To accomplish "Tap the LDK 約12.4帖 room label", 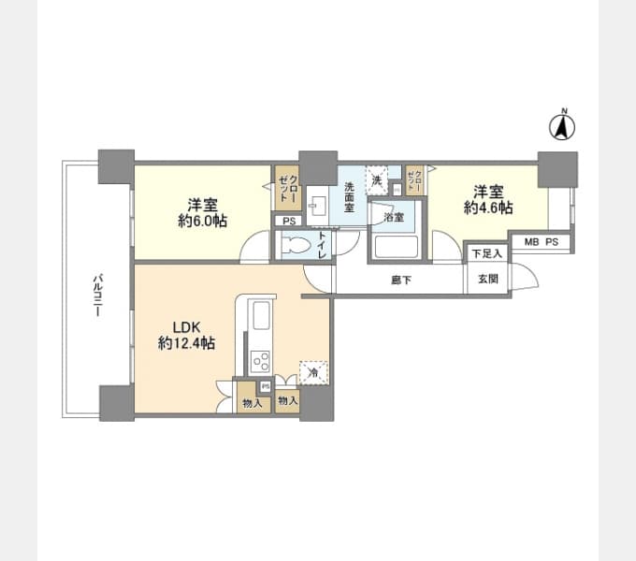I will point(186,336).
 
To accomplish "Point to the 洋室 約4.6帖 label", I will point(488,199).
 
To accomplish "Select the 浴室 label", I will point(393,217).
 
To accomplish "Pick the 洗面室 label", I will point(348,195).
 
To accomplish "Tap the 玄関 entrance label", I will point(487,279).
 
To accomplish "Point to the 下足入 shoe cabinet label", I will point(486,253).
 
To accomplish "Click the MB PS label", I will point(541,242).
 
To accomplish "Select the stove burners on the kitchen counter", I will point(260,360).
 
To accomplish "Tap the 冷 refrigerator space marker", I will point(313,371).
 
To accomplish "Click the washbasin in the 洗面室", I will point(318,203).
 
